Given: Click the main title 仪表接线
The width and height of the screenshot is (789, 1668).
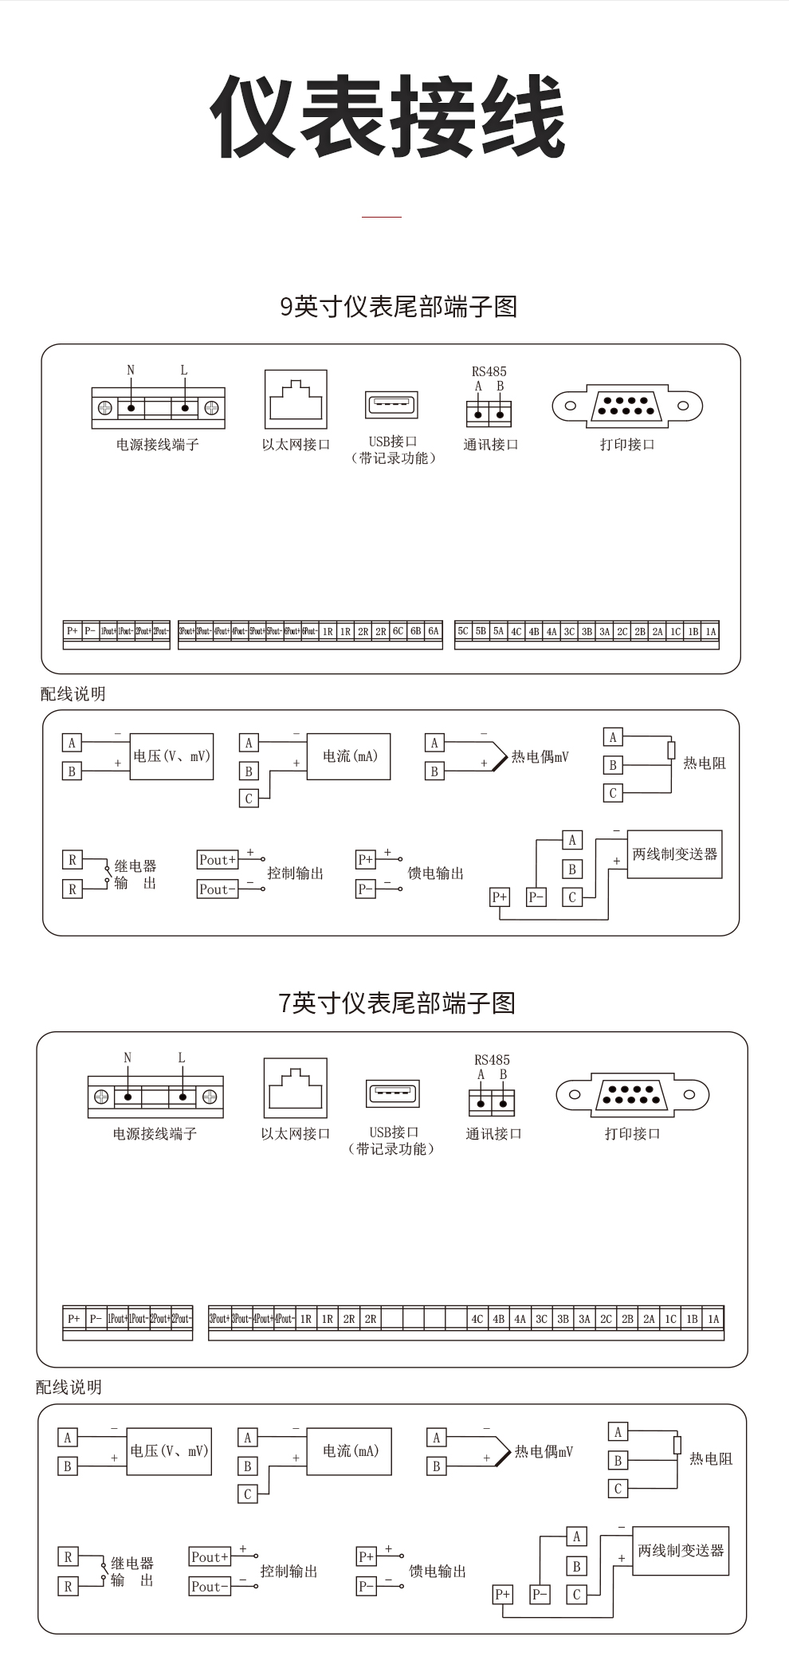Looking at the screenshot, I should click(x=387, y=117).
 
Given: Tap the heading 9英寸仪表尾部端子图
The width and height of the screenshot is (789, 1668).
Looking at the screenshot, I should click(x=398, y=307).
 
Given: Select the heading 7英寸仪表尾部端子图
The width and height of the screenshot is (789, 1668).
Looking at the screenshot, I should click(x=397, y=1003).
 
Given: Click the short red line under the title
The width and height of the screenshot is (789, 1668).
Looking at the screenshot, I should click(x=382, y=216).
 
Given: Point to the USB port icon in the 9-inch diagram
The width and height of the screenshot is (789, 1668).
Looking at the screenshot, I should click(x=391, y=405).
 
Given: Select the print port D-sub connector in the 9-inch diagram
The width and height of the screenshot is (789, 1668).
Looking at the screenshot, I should click(x=627, y=406).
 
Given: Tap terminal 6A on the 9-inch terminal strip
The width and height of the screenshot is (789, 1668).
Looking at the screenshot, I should click(x=434, y=631).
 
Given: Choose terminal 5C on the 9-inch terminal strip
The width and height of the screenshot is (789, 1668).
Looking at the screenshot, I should click(x=463, y=631).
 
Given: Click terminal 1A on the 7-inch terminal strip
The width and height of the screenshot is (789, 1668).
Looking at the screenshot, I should click(x=713, y=1319).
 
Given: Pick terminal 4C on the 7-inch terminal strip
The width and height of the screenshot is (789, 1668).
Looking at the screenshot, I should click(x=477, y=1319).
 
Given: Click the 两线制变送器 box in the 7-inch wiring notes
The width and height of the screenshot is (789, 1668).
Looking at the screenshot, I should click(x=681, y=1551).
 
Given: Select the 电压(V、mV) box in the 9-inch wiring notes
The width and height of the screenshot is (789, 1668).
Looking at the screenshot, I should click(x=171, y=756).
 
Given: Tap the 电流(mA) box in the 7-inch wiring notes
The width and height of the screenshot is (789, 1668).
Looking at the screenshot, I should click(x=350, y=1451).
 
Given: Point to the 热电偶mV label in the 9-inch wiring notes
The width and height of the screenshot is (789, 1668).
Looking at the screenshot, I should click(x=540, y=757).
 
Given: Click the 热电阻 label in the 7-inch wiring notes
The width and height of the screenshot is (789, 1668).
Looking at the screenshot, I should click(x=710, y=1459).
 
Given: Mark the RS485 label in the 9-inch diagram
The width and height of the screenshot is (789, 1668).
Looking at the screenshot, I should click(x=489, y=371).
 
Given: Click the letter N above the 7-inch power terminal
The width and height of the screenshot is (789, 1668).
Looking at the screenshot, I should click(x=128, y=1058).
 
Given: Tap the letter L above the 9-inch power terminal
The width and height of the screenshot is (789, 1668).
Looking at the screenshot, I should click(x=184, y=370).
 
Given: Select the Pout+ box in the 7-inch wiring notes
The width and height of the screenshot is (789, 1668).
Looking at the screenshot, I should click(x=210, y=1556).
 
